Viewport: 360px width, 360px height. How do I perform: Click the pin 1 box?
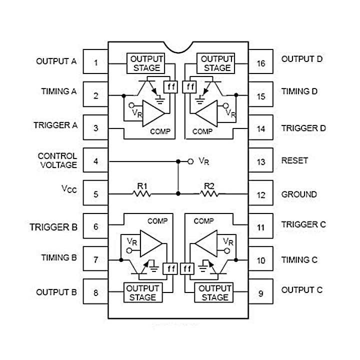click(95, 63)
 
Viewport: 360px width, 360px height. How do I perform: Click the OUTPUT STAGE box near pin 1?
click(145, 63)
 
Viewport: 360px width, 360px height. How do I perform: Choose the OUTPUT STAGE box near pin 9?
click(214, 292)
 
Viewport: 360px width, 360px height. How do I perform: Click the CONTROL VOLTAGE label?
click(57, 160)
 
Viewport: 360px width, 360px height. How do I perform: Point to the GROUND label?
click(299, 194)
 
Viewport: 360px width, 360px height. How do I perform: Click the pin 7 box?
click(95, 260)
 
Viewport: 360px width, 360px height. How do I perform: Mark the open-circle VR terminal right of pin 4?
click(190, 161)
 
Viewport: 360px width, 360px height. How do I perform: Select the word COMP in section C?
click(203, 220)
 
